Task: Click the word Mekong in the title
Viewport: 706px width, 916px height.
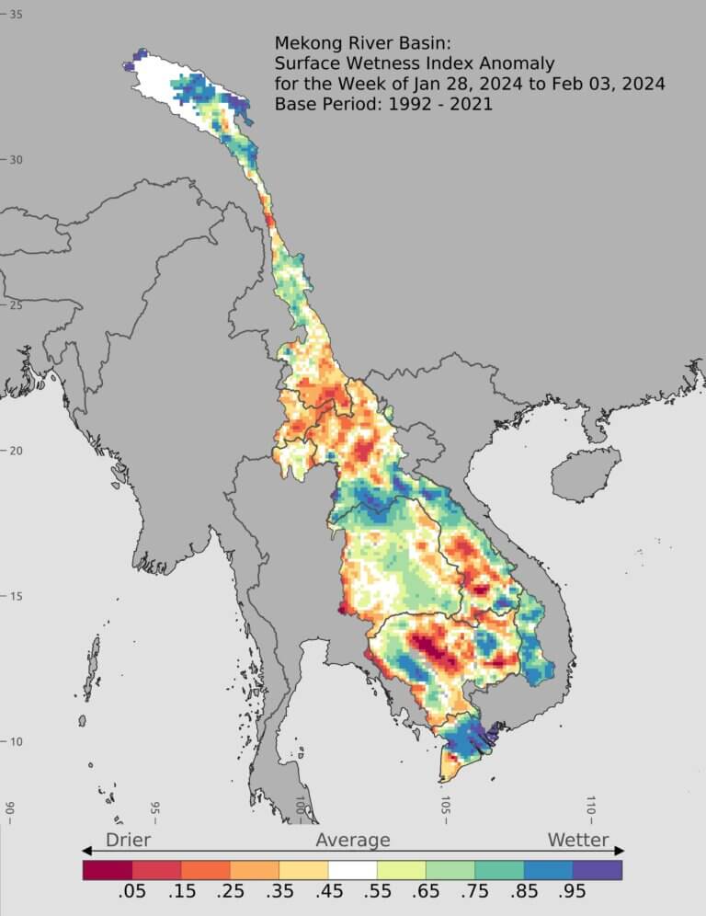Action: [x=304, y=43]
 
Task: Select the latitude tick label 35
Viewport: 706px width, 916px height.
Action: [x=16, y=14]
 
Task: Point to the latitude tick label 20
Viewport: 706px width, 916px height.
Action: [x=16, y=450]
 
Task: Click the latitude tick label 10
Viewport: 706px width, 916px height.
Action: [x=16, y=741]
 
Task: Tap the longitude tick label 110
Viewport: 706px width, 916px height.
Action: [x=591, y=807]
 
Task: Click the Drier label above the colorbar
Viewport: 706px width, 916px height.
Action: [x=128, y=840]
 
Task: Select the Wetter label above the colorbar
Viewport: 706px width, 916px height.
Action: [x=578, y=840]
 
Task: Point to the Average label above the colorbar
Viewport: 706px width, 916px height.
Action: [x=353, y=840]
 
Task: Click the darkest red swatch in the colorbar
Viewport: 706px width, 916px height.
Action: [x=108, y=869]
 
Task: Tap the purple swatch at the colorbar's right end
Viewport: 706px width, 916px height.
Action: [x=598, y=869]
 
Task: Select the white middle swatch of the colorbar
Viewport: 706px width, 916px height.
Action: [x=353, y=869]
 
